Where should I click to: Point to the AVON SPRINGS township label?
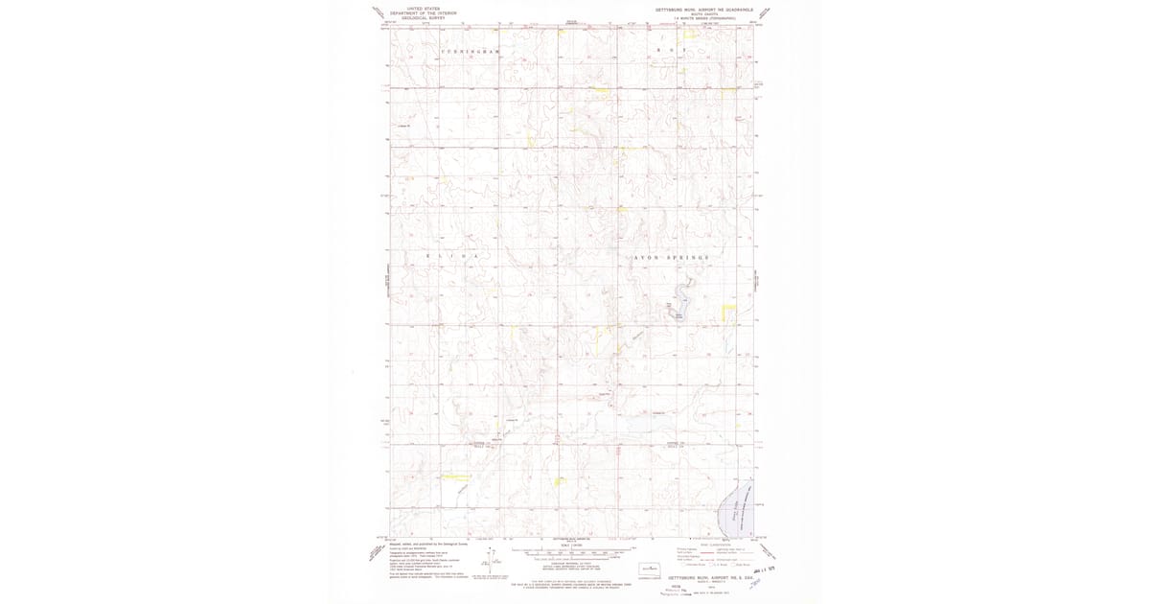(672, 259)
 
